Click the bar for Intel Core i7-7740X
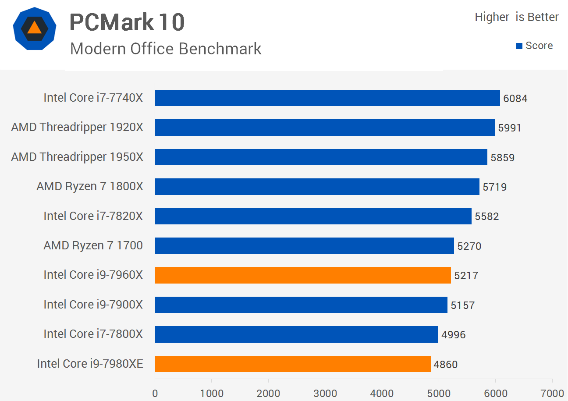tap(327, 98)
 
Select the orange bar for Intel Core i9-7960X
tap(302, 275)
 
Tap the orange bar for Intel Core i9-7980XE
tap(292, 364)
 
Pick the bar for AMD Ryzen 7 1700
tap(304, 245)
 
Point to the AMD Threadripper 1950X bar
tap(321, 157)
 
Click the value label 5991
tap(510, 128)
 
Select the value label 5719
tap(494, 187)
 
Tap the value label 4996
tap(453, 335)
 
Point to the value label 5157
tap(462, 305)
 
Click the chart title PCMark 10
tap(127, 22)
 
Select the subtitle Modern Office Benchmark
tap(166, 49)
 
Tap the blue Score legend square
tap(519, 46)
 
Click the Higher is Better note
tap(517, 17)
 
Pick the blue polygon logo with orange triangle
tap(34, 28)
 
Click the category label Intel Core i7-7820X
tap(93, 216)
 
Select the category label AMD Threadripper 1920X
tap(77, 127)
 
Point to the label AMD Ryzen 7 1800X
tap(90, 186)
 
